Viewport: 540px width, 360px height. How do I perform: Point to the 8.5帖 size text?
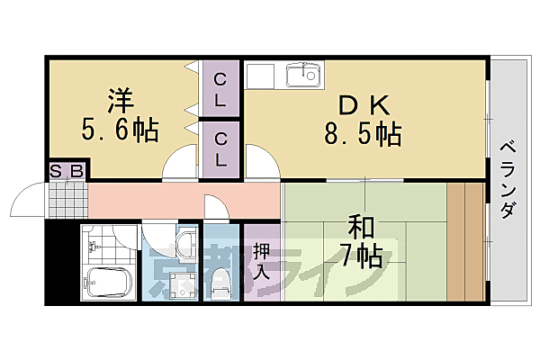tap(363, 136)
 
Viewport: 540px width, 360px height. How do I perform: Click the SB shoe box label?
tap(66, 171)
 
